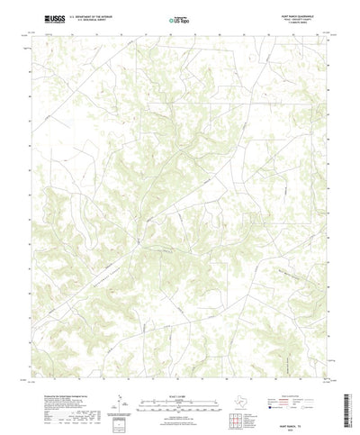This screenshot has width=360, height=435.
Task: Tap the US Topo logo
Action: (x=177, y=18)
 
